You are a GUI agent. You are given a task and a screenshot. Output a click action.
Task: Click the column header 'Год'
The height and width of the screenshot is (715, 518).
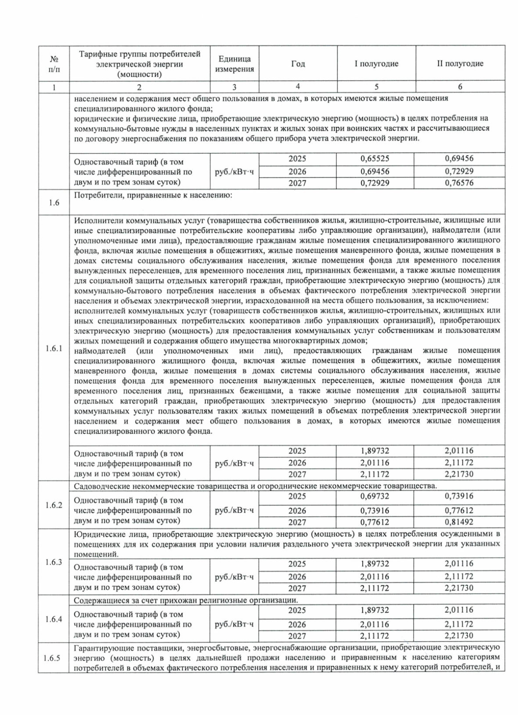[x=298, y=63]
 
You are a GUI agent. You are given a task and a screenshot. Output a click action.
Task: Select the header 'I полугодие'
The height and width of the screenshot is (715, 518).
[x=376, y=63]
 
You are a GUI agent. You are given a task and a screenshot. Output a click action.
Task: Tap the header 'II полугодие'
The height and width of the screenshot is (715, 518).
[x=460, y=63]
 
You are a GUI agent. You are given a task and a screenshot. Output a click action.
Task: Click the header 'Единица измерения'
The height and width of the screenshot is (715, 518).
[x=234, y=64]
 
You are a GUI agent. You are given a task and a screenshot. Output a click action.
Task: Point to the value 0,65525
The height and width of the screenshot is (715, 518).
[x=375, y=158]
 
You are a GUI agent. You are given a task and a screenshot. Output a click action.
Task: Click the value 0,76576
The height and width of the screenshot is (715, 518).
[x=459, y=183]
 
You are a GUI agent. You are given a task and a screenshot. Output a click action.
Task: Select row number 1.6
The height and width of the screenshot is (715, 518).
[x=54, y=202]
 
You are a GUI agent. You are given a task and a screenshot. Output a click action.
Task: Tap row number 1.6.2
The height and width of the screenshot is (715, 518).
[x=54, y=505]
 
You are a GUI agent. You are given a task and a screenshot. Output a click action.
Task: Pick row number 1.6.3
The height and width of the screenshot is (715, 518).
[x=54, y=562]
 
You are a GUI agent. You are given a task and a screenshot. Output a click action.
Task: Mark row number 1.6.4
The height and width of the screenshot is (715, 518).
[x=54, y=619]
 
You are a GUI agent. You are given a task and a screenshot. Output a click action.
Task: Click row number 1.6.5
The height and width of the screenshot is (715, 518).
[x=54, y=658]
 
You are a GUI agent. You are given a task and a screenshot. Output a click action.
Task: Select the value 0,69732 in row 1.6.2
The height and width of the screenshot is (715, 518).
[x=375, y=497]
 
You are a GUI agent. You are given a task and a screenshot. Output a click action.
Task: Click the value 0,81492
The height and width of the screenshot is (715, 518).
[x=459, y=522]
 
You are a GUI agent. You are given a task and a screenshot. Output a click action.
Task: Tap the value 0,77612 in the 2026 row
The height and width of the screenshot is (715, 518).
[x=459, y=510]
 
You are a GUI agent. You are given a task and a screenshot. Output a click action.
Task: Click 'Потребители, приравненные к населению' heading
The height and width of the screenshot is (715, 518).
[x=153, y=195]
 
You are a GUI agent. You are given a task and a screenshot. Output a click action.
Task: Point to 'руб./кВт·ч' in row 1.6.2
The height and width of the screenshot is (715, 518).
[x=234, y=510]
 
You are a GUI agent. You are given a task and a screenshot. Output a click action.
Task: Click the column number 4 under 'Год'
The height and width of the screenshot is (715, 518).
[x=298, y=86]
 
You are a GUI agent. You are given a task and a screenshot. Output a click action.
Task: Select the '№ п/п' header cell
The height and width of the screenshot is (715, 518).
[x=54, y=63]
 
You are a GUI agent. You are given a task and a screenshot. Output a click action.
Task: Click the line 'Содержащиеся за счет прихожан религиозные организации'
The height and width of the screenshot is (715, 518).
[x=186, y=601]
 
